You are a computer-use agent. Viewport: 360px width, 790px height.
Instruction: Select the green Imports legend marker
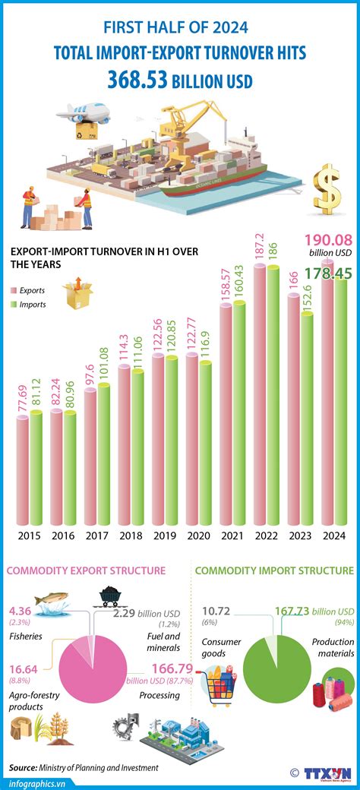(14, 305)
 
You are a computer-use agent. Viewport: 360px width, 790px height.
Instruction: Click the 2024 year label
(334, 536)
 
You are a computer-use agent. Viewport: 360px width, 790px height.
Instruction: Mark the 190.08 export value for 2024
(328, 241)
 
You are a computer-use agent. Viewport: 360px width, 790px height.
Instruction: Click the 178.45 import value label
(329, 272)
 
